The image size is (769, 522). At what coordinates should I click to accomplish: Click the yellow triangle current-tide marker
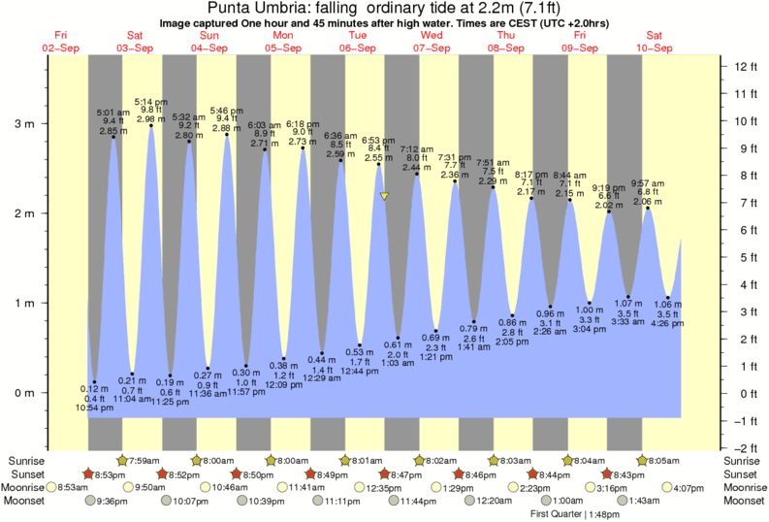pos(385,196)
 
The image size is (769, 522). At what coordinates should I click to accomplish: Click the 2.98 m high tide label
pos(151,119)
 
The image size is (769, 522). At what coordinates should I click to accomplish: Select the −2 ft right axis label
pos(743,447)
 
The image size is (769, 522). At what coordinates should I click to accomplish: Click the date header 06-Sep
pos(358,48)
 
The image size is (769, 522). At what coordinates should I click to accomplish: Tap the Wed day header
pos(432,36)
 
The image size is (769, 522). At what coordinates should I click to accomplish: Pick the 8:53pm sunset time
pos(112,473)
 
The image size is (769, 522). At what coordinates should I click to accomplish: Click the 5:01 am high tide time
pos(113,112)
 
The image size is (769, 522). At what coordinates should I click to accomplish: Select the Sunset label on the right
pos(743,473)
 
